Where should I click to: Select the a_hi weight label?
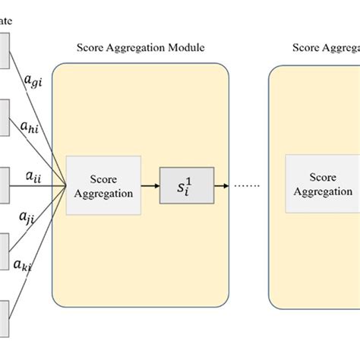(31, 127)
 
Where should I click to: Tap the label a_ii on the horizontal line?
(33, 176)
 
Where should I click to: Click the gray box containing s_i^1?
(187, 185)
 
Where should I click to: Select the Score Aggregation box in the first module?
(103, 185)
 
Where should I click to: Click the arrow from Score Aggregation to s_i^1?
(150, 185)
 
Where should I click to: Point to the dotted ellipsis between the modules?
(246, 186)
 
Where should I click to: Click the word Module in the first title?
(186, 48)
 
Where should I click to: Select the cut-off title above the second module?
(326, 48)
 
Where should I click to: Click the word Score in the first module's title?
(90, 48)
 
